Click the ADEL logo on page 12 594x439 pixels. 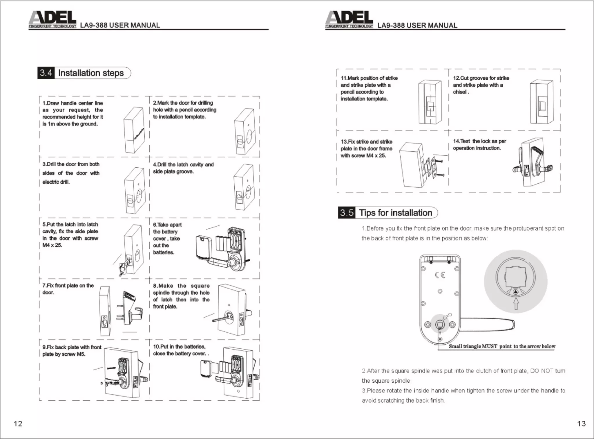click(52, 19)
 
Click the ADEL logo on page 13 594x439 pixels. click(349, 19)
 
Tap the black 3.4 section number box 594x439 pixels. click(46, 73)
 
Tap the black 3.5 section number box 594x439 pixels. click(347, 213)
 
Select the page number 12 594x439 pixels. click(18, 423)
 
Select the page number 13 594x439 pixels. click(581, 423)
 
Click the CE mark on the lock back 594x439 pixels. click(440, 275)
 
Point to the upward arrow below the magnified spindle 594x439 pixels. click(516, 305)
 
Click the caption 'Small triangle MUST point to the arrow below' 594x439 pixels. click(502, 346)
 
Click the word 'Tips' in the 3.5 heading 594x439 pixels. click(367, 213)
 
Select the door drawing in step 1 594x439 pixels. click(134, 130)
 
